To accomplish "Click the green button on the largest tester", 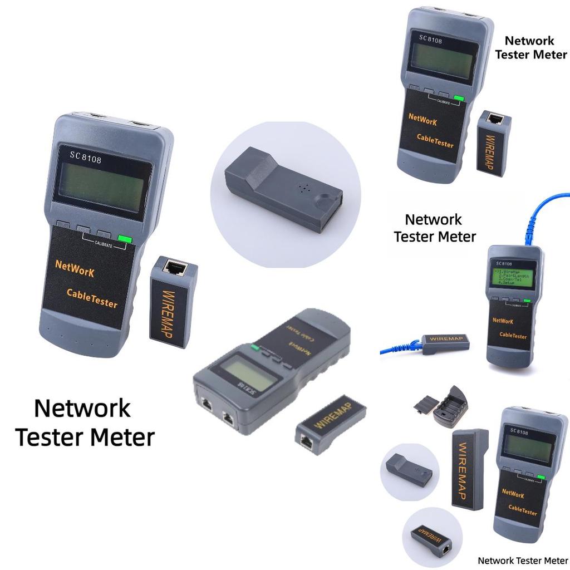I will coord(125,240).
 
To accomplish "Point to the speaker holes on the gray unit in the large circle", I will coord(303,188).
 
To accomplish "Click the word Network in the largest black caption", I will coord(82,408).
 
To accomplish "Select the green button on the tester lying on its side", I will coord(255,348).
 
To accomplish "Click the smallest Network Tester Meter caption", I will coord(523,561).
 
